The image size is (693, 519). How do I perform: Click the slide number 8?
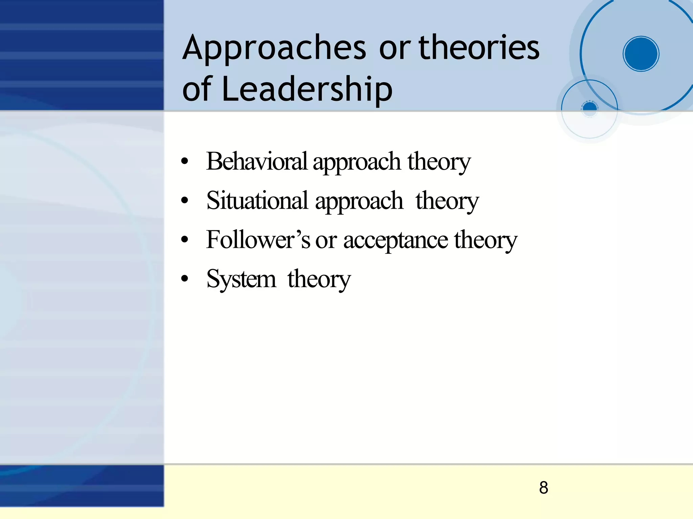coord(543,488)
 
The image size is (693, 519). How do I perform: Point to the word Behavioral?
coord(256,161)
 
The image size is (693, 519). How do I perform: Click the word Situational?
coord(257,200)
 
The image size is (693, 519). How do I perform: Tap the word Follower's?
coord(258,240)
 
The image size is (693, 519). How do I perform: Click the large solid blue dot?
coord(641,54)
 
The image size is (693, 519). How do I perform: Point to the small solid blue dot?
coord(590,108)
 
